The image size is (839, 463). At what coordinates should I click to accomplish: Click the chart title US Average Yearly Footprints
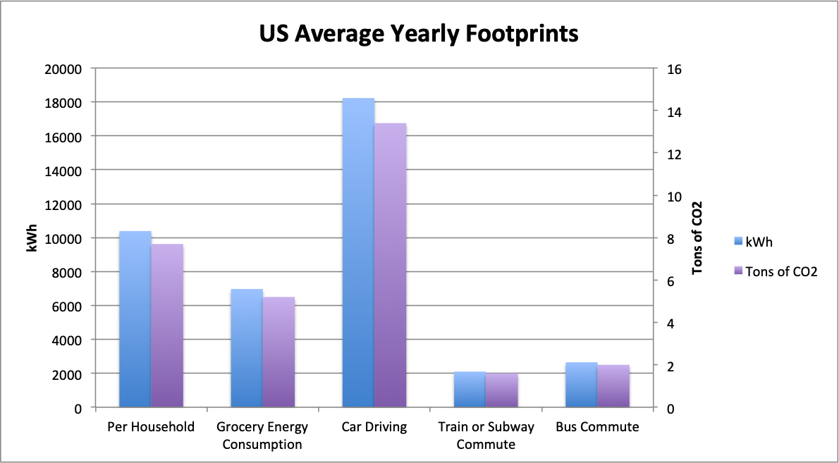[x=419, y=33]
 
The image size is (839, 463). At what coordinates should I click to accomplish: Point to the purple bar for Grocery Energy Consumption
[x=279, y=352]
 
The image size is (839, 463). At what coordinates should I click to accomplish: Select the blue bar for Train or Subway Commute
[x=470, y=390]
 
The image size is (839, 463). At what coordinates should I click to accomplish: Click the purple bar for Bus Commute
[x=613, y=386]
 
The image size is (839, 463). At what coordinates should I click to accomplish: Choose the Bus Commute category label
[x=597, y=427]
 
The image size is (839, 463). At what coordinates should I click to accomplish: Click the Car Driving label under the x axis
[x=374, y=427]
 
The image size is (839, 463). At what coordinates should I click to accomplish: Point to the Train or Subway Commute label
[x=486, y=436]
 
